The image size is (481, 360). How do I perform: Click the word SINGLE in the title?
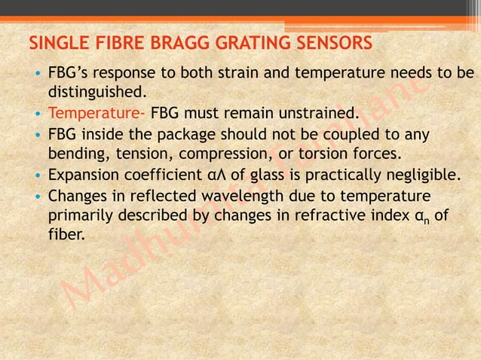pos(54,42)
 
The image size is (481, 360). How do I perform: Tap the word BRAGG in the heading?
pos(148,42)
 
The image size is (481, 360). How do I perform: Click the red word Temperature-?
pos(97,114)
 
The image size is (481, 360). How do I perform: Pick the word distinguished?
pos(95,93)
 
